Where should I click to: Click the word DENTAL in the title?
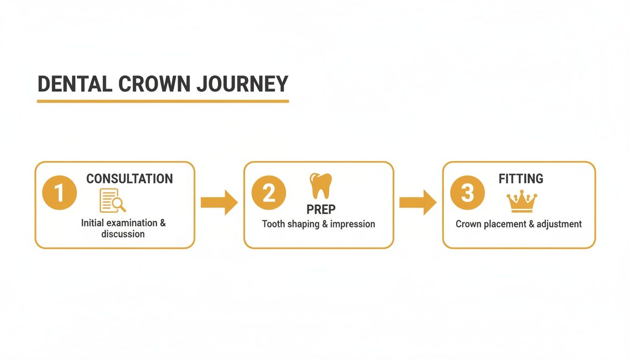tap(75, 84)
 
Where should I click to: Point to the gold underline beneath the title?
tap(163, 101)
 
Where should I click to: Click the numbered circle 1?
tap(59, 193)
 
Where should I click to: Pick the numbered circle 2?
tap(269, 193)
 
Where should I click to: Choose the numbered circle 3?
tap(467, 193)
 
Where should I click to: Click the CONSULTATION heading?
tap(129, 179)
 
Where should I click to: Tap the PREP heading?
tap(321, 209)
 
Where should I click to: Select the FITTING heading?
tap(521, 179)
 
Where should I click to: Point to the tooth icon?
tap(321, 186)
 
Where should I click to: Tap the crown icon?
tap(521, 202)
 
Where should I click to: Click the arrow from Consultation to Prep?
tap(219, 202)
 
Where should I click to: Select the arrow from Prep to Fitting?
tap(418, 202)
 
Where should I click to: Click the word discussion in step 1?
tap(123, 234)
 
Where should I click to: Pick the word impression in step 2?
tap(352, 224)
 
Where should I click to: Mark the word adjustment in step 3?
tap(559, 224)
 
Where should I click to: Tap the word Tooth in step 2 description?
tap(273, 224)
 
